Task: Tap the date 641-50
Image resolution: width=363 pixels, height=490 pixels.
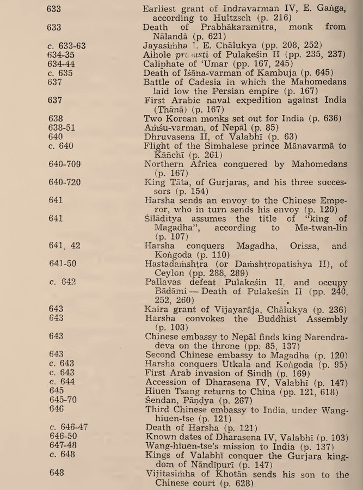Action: coord(63,265)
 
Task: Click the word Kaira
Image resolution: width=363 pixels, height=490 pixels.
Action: coord(157,308)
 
